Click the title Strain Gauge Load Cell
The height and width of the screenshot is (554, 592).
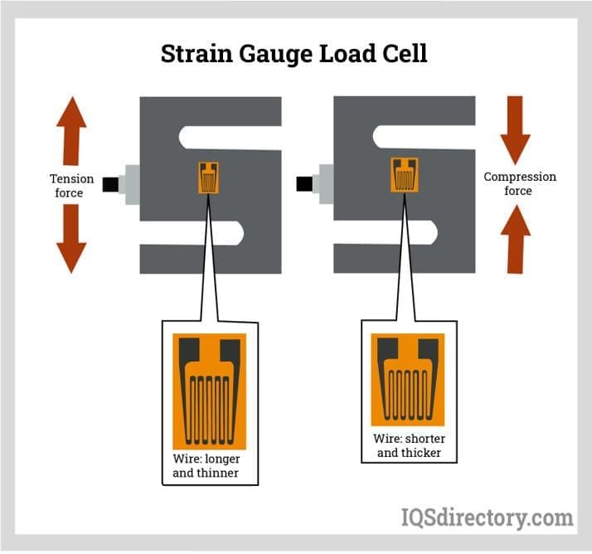[x=294, y=54]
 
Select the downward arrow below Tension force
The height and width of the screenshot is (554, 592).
[x=71, y=239]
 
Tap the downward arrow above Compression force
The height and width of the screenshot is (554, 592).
[x=515, y=131]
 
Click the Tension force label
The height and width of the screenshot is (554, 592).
[x=66, y=186]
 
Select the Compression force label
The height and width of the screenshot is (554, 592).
[x=520, y=184]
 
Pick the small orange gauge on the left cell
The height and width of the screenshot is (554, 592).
[x=209, y=177]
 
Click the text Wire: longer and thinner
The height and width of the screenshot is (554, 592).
[x=209, y=466]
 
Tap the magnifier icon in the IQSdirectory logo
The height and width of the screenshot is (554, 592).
[x=411, y=518]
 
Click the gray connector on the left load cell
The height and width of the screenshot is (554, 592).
[x=130, y=184]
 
